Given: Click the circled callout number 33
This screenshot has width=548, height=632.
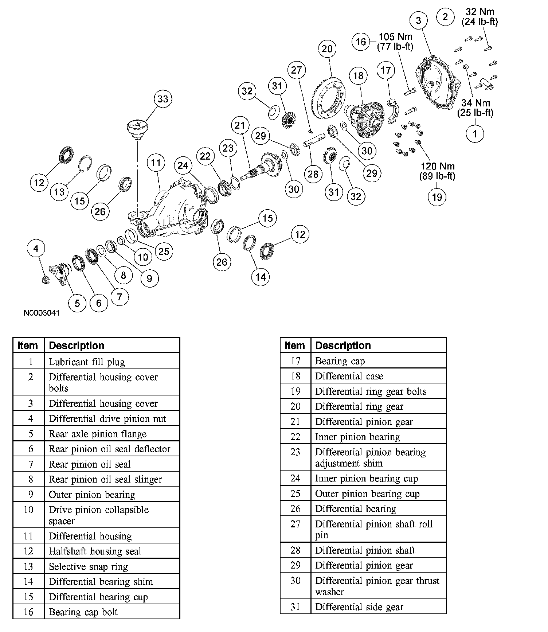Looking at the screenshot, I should tap(163, 99).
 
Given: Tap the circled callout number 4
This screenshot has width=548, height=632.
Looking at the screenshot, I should tap(36, 249).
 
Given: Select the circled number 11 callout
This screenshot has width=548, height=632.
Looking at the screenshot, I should tap(156, 163).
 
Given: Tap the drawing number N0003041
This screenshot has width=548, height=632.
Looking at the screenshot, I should tap(42, 313).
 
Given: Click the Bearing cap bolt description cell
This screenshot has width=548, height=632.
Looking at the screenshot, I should tap(83, 612).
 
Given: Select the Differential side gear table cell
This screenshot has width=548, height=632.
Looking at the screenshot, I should tap(359, 607).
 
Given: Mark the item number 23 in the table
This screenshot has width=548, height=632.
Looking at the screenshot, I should tap(295, 452).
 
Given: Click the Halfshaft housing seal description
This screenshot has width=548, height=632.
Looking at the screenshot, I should tap(95, 551).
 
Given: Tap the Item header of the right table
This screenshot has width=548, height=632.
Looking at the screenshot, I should tap(294, 345).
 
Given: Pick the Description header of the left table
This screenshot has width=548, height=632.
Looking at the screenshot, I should tap(77, 345).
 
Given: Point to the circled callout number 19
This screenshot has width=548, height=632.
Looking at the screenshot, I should tap(437, 197).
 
